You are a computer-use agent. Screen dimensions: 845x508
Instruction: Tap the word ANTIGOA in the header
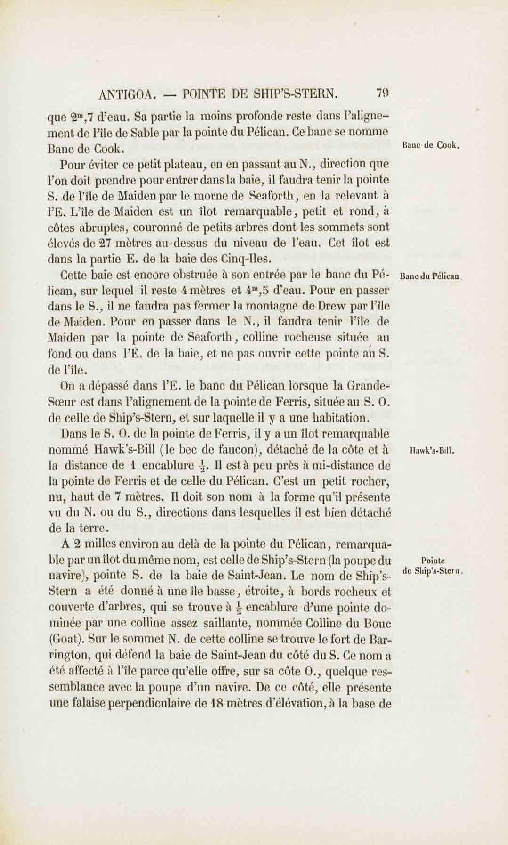click(x=127, y=94)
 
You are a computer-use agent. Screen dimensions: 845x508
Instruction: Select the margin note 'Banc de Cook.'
click(x=431, y=145)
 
